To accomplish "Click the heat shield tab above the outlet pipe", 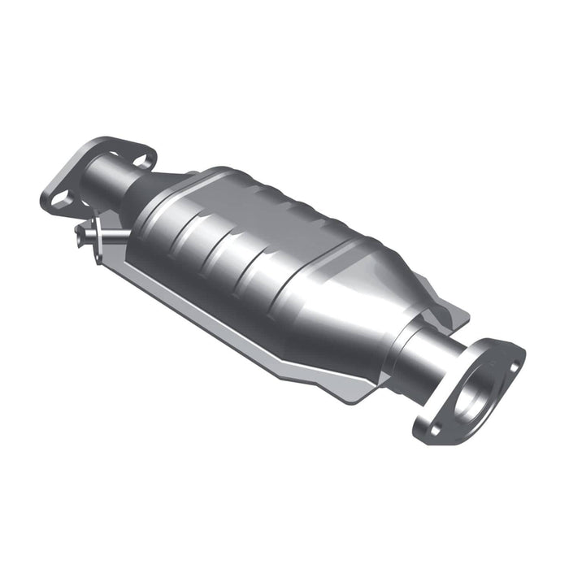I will pyautogui.click(x=451, y=313).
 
